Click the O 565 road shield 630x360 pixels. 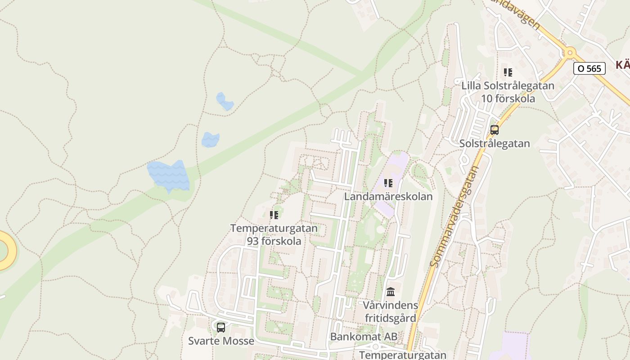coord(589,68)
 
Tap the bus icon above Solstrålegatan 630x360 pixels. coord(495,130)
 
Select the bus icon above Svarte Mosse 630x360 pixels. coord(220,327)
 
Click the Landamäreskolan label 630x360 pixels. coord(388,197)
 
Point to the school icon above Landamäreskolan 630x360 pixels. coord(388,183)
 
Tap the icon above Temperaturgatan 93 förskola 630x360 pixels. coord(274,215)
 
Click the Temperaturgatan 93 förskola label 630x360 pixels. coord(274,234)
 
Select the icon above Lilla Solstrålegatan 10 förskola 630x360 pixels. coord(508,72)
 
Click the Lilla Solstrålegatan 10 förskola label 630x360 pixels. coord(508,92)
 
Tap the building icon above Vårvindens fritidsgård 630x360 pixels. coord(391,292)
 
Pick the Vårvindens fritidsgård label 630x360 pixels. coord(391,311)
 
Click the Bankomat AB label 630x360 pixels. coord(364,337)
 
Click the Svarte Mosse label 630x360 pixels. coord(221,341)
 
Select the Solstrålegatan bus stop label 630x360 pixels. coord(495,144)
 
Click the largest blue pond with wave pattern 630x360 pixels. coord(169,175)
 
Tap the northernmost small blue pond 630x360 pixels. coord(225,101)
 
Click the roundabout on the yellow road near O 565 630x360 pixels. coord(570,53)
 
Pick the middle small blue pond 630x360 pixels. coord(210,139)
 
